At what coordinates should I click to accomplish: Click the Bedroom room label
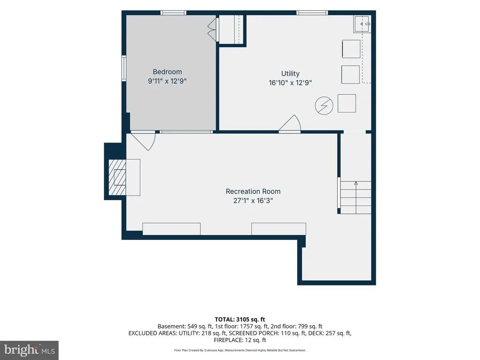tap(167, 72)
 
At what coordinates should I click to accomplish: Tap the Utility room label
tap(290, 74)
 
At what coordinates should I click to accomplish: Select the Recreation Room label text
tap(253, 191)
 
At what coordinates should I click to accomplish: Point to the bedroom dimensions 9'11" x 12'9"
tap(167, 81)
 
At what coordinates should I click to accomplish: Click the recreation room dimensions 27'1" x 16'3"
tap(253, 201)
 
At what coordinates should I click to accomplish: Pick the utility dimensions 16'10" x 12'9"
tap(290, 82)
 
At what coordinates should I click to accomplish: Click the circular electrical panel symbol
tap(324, 105)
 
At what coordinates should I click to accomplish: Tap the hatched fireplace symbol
tap(117, 177)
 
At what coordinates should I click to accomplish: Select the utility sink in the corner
tap(362, 24)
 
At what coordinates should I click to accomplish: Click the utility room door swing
tap(290, 124)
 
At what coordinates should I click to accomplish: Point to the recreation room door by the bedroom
tap(143, 141)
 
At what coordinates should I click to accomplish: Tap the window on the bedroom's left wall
tap(124, 68)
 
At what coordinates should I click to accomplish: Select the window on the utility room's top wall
tap(312, 13)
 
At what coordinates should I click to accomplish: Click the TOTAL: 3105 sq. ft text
tap(240, 320)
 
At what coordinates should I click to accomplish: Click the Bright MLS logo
tap(29, 350)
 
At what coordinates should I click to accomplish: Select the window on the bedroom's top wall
tap(173, 13)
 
